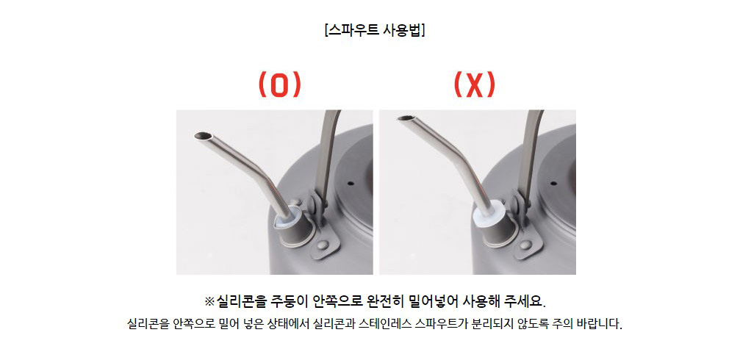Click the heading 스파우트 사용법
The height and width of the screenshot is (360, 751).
[x=375, y=30]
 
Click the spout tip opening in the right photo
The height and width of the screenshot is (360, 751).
[x=405, y=118]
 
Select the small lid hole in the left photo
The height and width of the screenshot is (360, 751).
[x=351, y=183]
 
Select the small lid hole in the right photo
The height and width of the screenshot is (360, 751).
[x=553, y=183]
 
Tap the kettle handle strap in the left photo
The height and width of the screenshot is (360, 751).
[x=326, y=154]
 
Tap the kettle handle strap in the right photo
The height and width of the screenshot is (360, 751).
[x=528, y=154]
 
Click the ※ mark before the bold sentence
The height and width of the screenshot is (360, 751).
[x=209, y=302]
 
